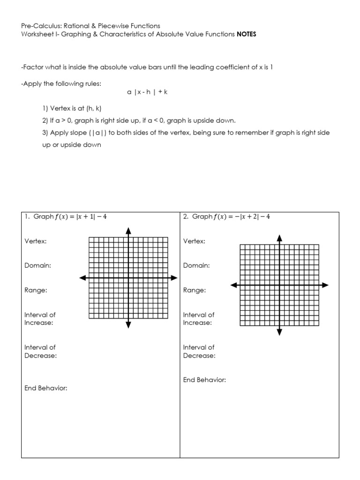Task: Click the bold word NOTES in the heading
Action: (x=247, y=34)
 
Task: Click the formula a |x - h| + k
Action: (x=147, y=92)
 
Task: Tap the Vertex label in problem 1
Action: (x=36, y=241)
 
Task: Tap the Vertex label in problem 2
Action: (x=194, y=241)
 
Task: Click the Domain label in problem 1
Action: (x=37, y=265)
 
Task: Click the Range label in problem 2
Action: (x=194, y=290)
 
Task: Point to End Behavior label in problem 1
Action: (x=46, y=388)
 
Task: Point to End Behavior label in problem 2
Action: (x=204, y=380)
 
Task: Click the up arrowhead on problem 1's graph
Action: (x=128, y=230)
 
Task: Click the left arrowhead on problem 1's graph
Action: (x=82, y=278)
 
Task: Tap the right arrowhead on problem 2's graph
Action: (x=325, y=285)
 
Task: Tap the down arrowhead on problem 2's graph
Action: (x=280, y=332)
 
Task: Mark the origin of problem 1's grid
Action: (x=128, y=278)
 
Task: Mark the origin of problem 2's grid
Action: (x=280, y=285)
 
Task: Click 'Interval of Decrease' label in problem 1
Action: (x=40, y=352)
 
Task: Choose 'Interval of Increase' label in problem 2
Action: (x=199, y=319)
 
